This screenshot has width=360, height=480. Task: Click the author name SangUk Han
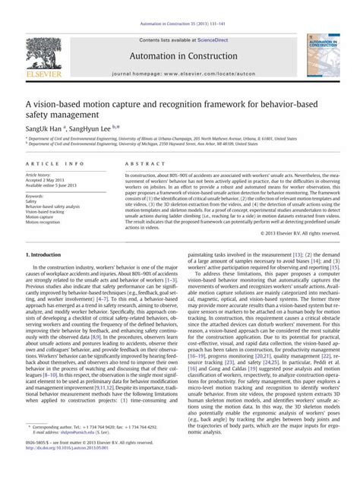coord(43,129)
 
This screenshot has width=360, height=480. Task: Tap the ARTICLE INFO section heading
coord(53,165)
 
